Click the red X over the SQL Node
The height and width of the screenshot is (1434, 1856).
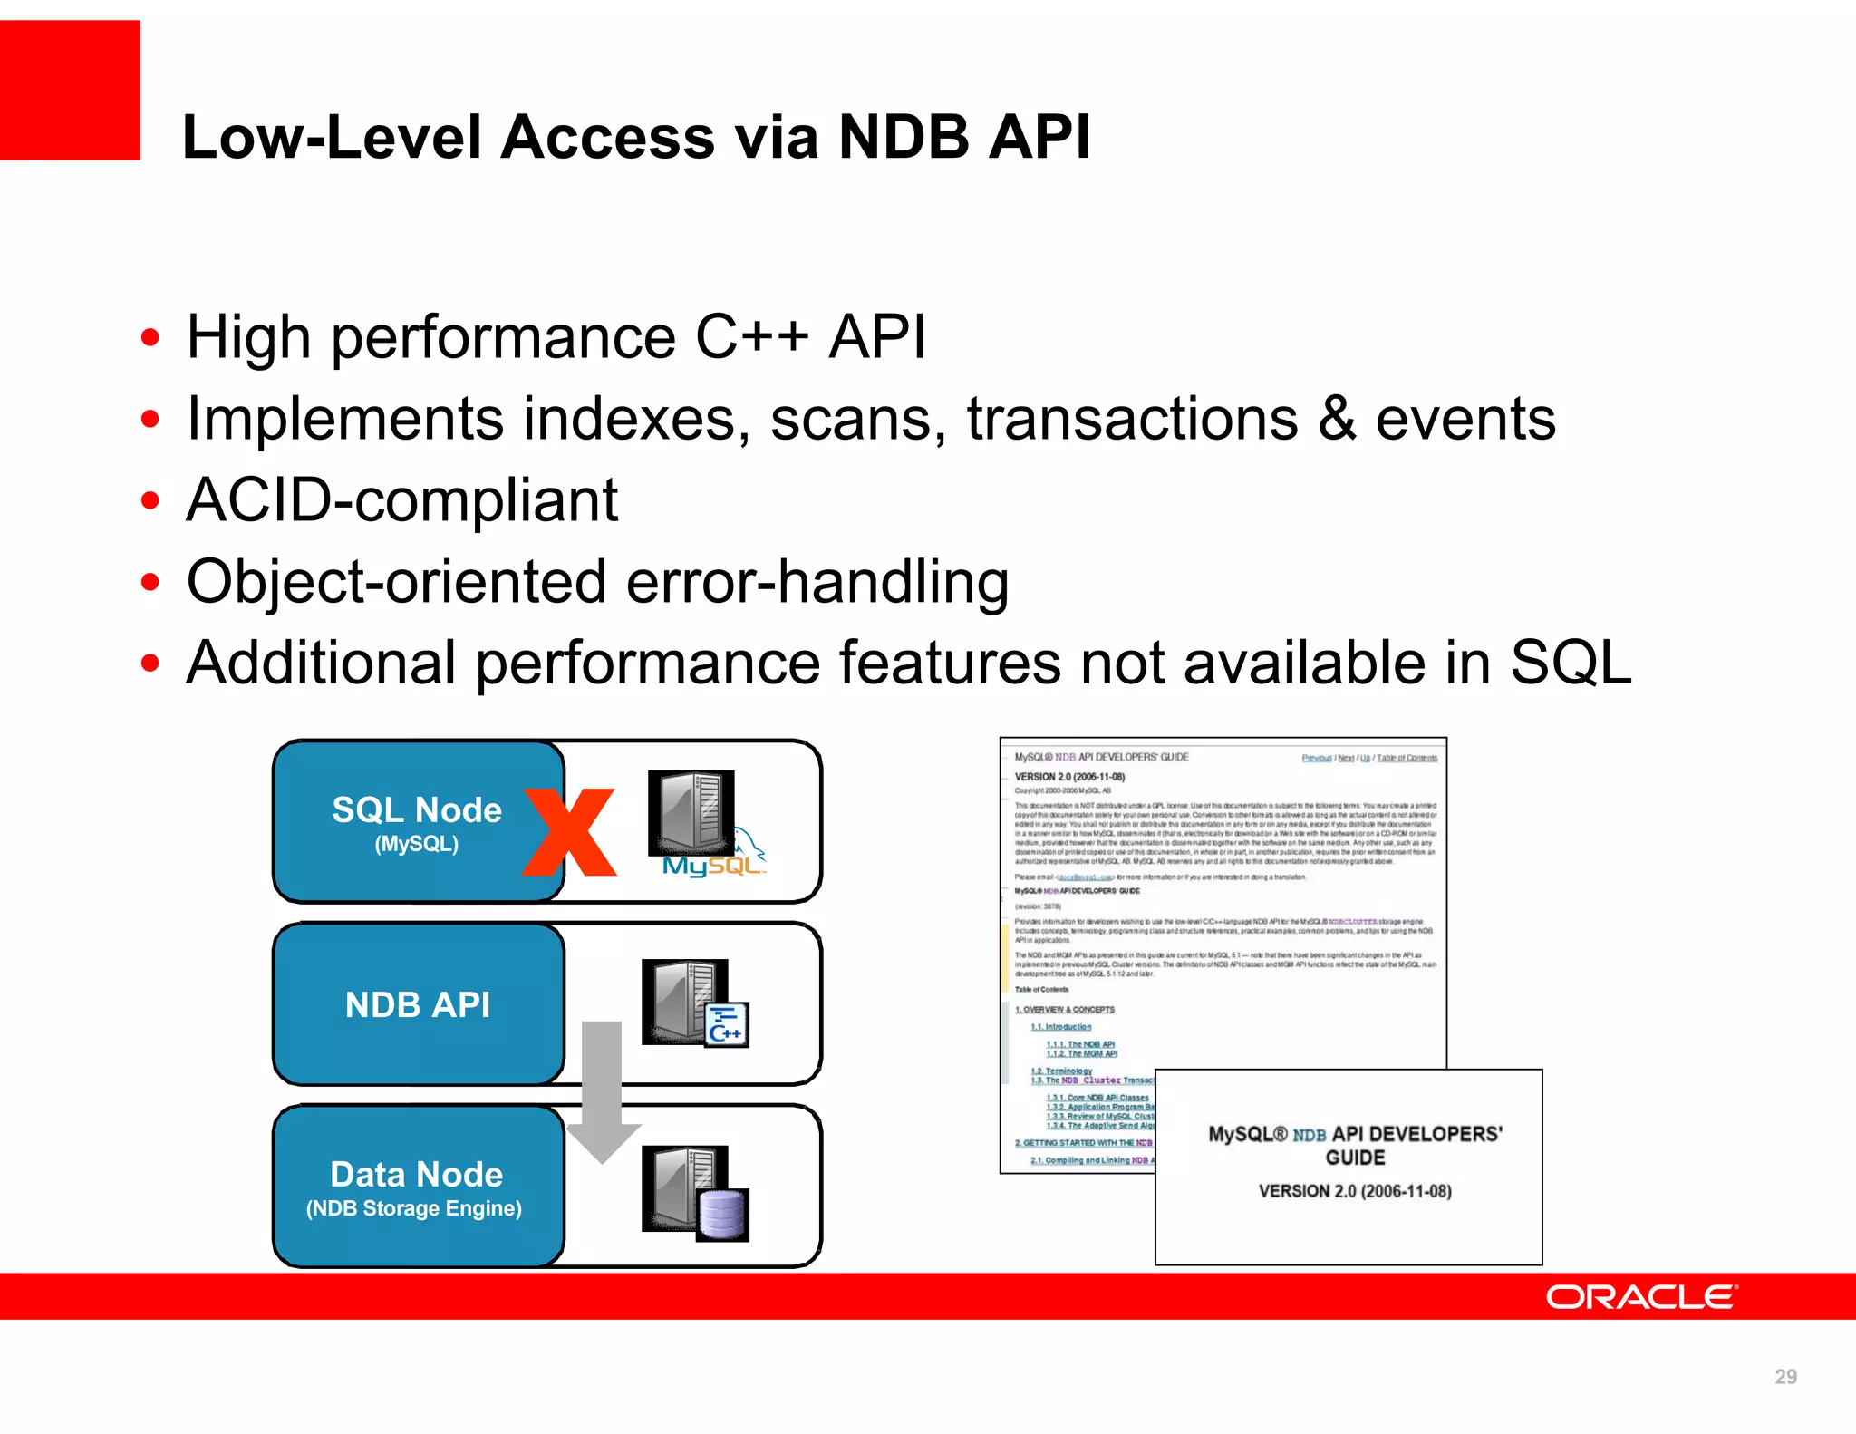[x=569, y=832]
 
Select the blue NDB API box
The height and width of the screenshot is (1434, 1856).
[x=417, y=1004]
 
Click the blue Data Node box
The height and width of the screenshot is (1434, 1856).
[x=416, y=1186]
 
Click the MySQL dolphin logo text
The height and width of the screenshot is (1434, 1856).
[x=712, y=866]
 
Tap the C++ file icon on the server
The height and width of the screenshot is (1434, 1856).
[x=726, y=1025]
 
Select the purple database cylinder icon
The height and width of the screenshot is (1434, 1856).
[x=722, y=1215]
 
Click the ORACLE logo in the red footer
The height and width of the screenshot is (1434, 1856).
[x=1641, y=1297]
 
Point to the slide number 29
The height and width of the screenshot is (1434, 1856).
[x=1785, y=1377]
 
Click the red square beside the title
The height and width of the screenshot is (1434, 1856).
[x=70, y=90]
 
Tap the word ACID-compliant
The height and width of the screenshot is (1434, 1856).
[x=401, y=500]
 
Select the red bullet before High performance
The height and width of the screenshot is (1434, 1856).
[x=150, y=338]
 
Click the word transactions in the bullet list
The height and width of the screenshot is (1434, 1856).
[x=1132, y=420]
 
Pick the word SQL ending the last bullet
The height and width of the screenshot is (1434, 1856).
[x=1570, y=663]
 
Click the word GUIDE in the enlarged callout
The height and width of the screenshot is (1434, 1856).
[x=1355, y=1158]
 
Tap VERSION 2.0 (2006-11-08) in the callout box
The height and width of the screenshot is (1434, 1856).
[x=1355, y=1191]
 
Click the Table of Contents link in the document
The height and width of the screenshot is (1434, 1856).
[x=1406, y=758]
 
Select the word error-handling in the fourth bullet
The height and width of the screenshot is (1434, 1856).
[x=817, y=582]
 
